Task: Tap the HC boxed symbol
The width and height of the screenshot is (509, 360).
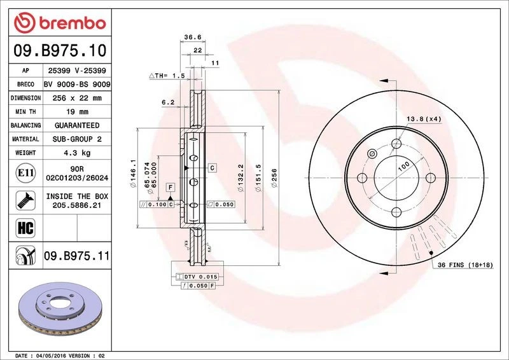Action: click(22, 226)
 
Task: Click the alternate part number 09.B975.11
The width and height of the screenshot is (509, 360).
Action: click(76, 256)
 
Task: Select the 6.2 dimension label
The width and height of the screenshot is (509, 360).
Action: click(168, 102)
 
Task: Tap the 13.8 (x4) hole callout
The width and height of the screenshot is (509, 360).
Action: click(424, 119)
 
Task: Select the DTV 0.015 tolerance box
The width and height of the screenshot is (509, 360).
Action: click(200, 277)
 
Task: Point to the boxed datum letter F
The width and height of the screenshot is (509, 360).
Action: click(170, 187)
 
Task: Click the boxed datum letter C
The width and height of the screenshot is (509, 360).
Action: click(212, 167)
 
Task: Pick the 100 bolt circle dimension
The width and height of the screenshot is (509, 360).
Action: click(403, 167)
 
